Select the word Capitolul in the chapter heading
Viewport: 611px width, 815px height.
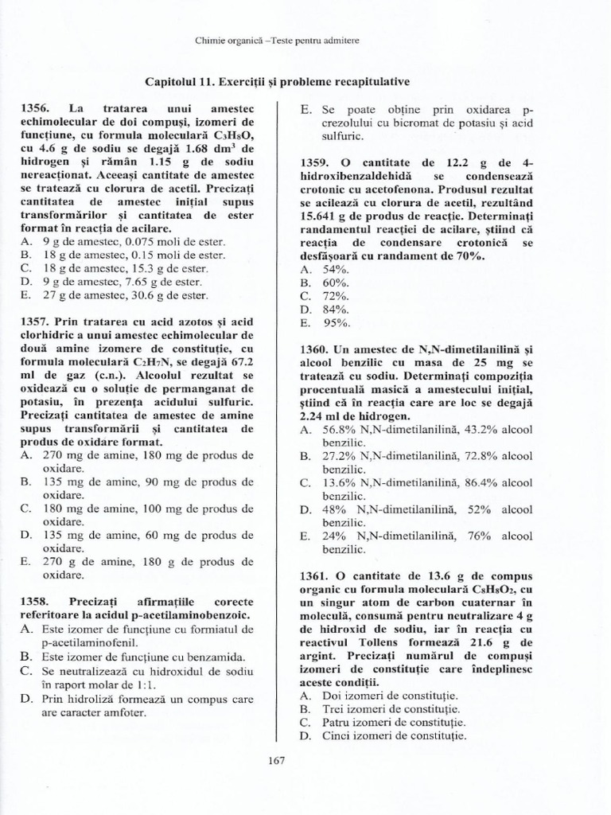pos(171,82)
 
